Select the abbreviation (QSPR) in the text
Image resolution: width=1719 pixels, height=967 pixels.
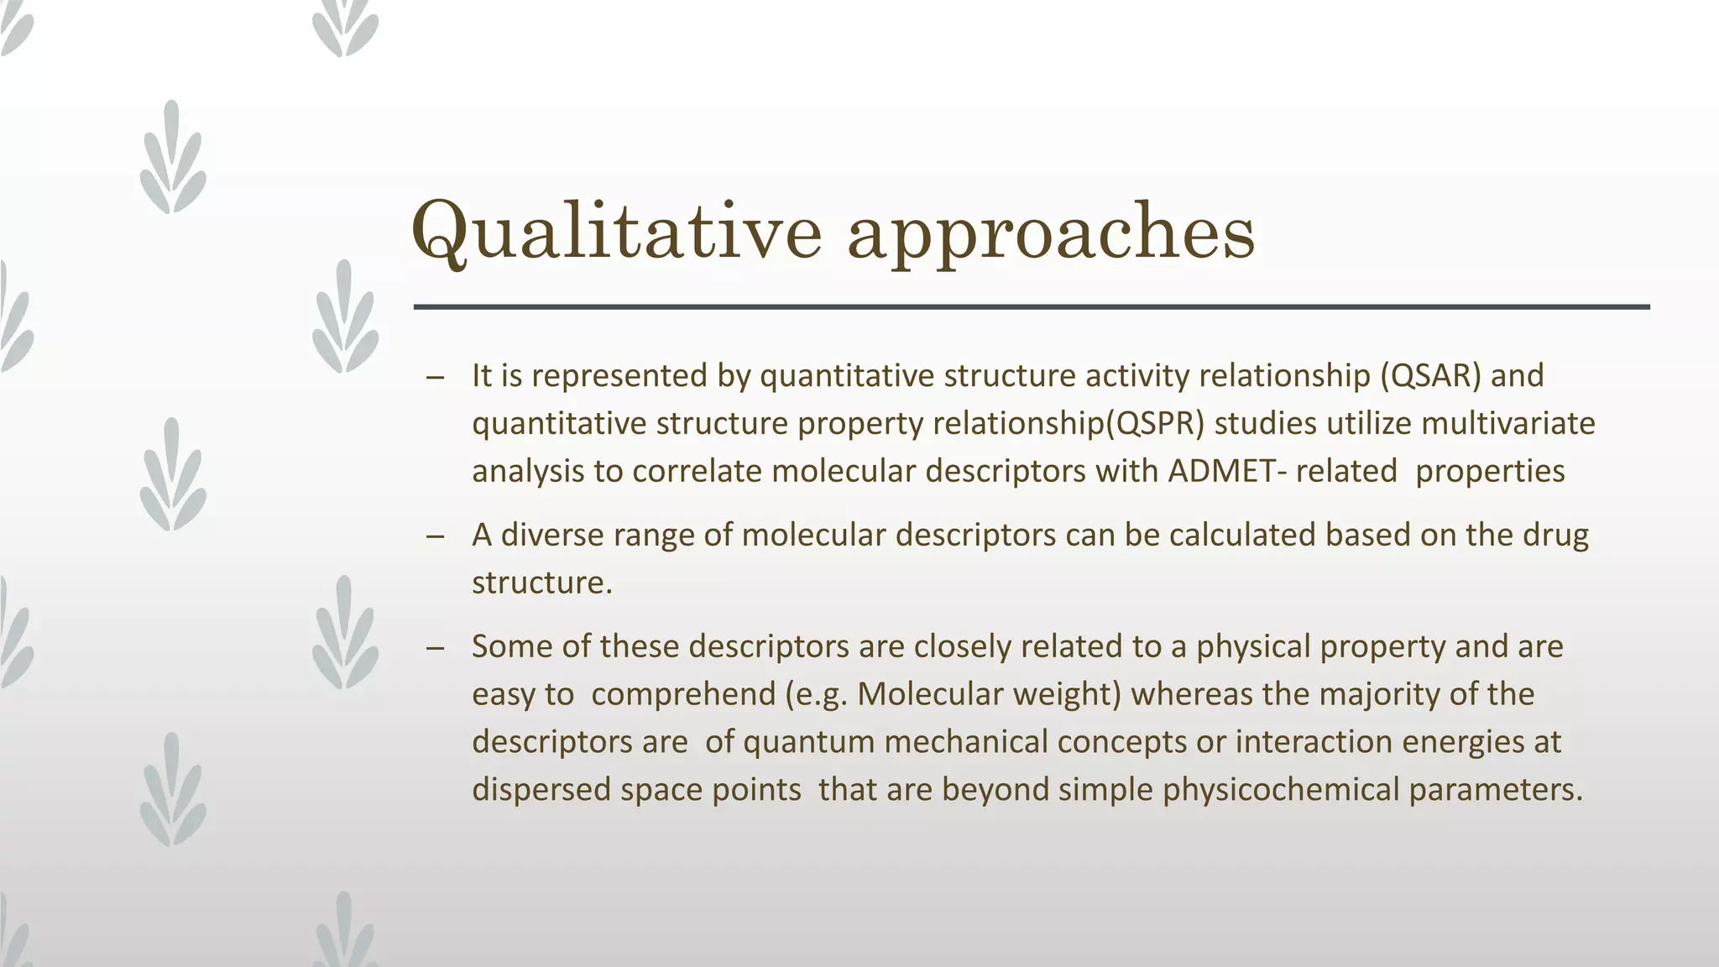pos(1155,423)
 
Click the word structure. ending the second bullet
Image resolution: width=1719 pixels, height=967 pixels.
pos(542,583)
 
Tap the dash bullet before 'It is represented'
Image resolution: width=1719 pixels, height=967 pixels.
pos(435,378)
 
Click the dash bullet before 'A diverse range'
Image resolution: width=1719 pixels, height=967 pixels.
pos(435,537)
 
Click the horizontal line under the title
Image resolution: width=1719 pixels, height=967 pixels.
pos(1031,307)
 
